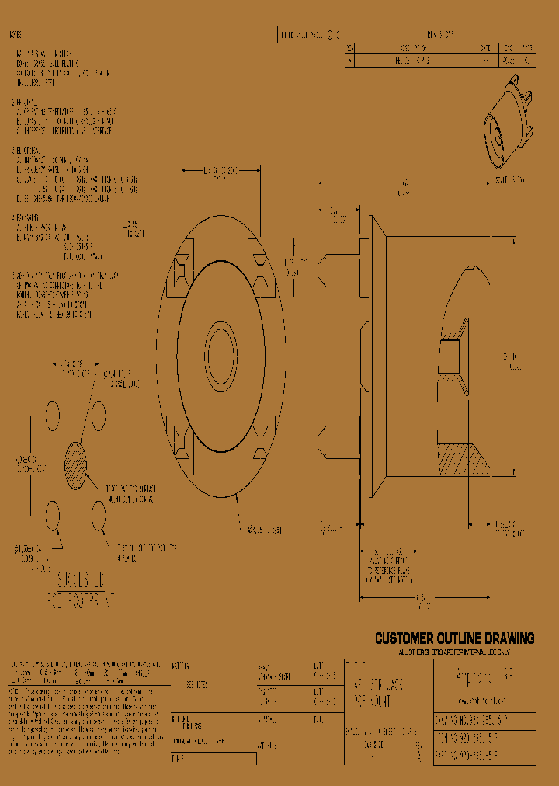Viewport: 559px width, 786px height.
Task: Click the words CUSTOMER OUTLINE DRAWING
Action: point(454,638)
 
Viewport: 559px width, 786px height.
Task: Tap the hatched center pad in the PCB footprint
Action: point(75,465)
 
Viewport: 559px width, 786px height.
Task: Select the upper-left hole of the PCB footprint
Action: point(52,416)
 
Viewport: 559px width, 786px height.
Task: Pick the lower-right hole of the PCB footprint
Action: point(99,513)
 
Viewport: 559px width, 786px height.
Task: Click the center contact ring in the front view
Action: point(220,353)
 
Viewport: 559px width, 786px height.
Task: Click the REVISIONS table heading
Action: point(440,35)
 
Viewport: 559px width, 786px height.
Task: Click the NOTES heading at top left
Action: point(16,36)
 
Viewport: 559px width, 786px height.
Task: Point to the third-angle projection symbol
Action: point(332,35)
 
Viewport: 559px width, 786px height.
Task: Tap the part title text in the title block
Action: point(378,687)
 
